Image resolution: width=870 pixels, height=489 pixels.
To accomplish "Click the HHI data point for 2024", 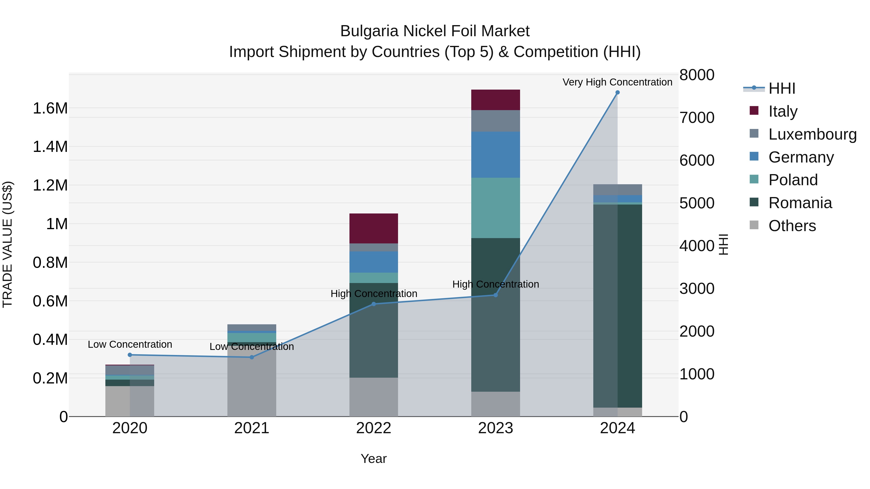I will (x=617, y=92).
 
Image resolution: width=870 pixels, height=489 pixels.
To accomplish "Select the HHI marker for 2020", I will (x=130, y=355).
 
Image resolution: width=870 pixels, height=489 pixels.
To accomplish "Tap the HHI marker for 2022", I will (x=374, y=304).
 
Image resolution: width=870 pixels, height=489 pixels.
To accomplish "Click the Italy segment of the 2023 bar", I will (x=495, y=100).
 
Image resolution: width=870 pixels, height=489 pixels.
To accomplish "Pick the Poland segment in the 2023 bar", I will (x=495, y=208).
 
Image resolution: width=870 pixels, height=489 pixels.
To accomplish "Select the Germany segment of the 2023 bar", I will (x=495, y=155).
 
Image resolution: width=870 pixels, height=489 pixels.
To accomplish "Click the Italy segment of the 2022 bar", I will (x=374, y=228).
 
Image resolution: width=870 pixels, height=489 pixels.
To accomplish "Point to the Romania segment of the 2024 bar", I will (x=617, y=306).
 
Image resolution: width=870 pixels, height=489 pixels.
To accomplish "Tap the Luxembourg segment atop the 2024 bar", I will (x=617, y=190).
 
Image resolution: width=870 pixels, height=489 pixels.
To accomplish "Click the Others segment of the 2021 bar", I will (x=252, y=381).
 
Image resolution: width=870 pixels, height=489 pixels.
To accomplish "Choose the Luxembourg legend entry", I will (x=812, y=134).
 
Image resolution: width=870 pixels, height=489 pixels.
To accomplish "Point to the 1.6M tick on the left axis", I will (x=50, y=108).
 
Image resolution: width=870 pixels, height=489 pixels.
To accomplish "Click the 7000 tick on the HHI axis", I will (x=697, y=117).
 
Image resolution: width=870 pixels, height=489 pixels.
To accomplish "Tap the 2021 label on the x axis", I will (x=252, y=428).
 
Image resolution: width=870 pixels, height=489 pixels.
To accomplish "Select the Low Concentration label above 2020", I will (x=130, y=344).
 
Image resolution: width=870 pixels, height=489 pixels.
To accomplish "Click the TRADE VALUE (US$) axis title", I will (x=7, y=244).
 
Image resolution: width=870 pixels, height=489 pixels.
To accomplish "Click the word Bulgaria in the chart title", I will (x=369, y=31).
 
